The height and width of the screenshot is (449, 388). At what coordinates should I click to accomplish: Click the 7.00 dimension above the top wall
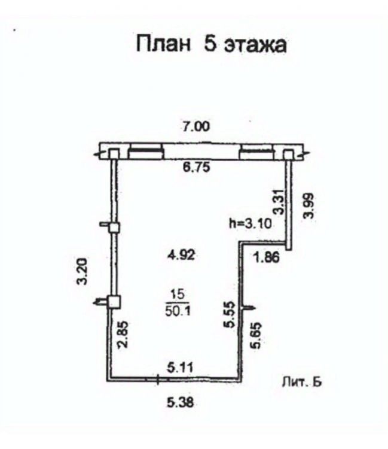pos(196,126)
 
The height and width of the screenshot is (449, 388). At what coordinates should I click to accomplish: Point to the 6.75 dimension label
pos(195,168)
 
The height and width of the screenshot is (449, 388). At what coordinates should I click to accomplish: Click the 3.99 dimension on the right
pos(308,207)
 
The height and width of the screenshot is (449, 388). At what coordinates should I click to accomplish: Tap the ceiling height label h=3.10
pos(251,224)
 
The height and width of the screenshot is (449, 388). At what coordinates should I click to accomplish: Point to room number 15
pos(178,294)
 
